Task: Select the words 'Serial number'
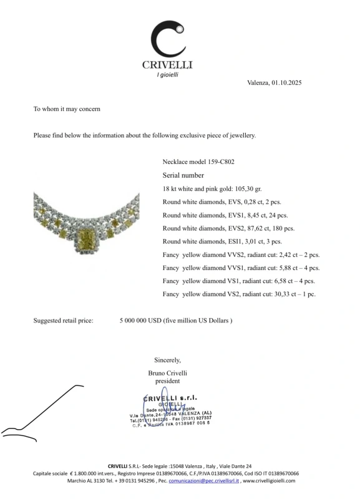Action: pos(183,175)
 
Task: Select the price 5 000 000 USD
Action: pos(140,321)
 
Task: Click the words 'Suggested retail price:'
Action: pos(63,321)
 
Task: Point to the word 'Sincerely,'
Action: pos(167,360)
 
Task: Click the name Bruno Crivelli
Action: pos(167,373)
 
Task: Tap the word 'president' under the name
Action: pos(167,380)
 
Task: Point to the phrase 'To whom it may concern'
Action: pos(67,109)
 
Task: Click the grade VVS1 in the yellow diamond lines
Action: pos(240,268)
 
